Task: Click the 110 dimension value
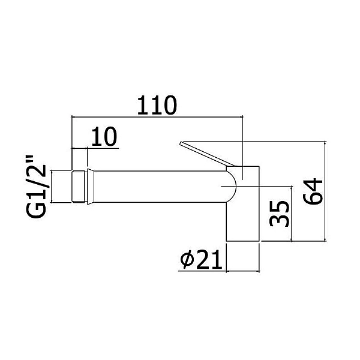point(157,106)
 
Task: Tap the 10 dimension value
point(104,136)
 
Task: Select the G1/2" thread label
point(37,187)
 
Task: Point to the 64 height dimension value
point(313,191)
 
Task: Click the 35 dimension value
point(279,214)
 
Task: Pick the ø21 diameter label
point(202,259)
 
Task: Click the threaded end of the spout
point(79,187)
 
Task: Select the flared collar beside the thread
point(91,187)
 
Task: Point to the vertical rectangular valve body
point(243,203)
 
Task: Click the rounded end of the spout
point(232,187)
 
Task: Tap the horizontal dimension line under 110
point(157,117)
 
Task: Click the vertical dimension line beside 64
point(325,191)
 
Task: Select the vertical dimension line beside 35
point(292,214)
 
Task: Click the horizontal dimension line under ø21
point(219,271)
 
